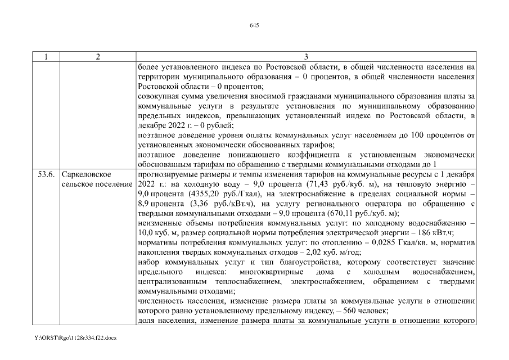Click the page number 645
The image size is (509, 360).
coord(254,25)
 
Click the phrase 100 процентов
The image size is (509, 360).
coord(438,135)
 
